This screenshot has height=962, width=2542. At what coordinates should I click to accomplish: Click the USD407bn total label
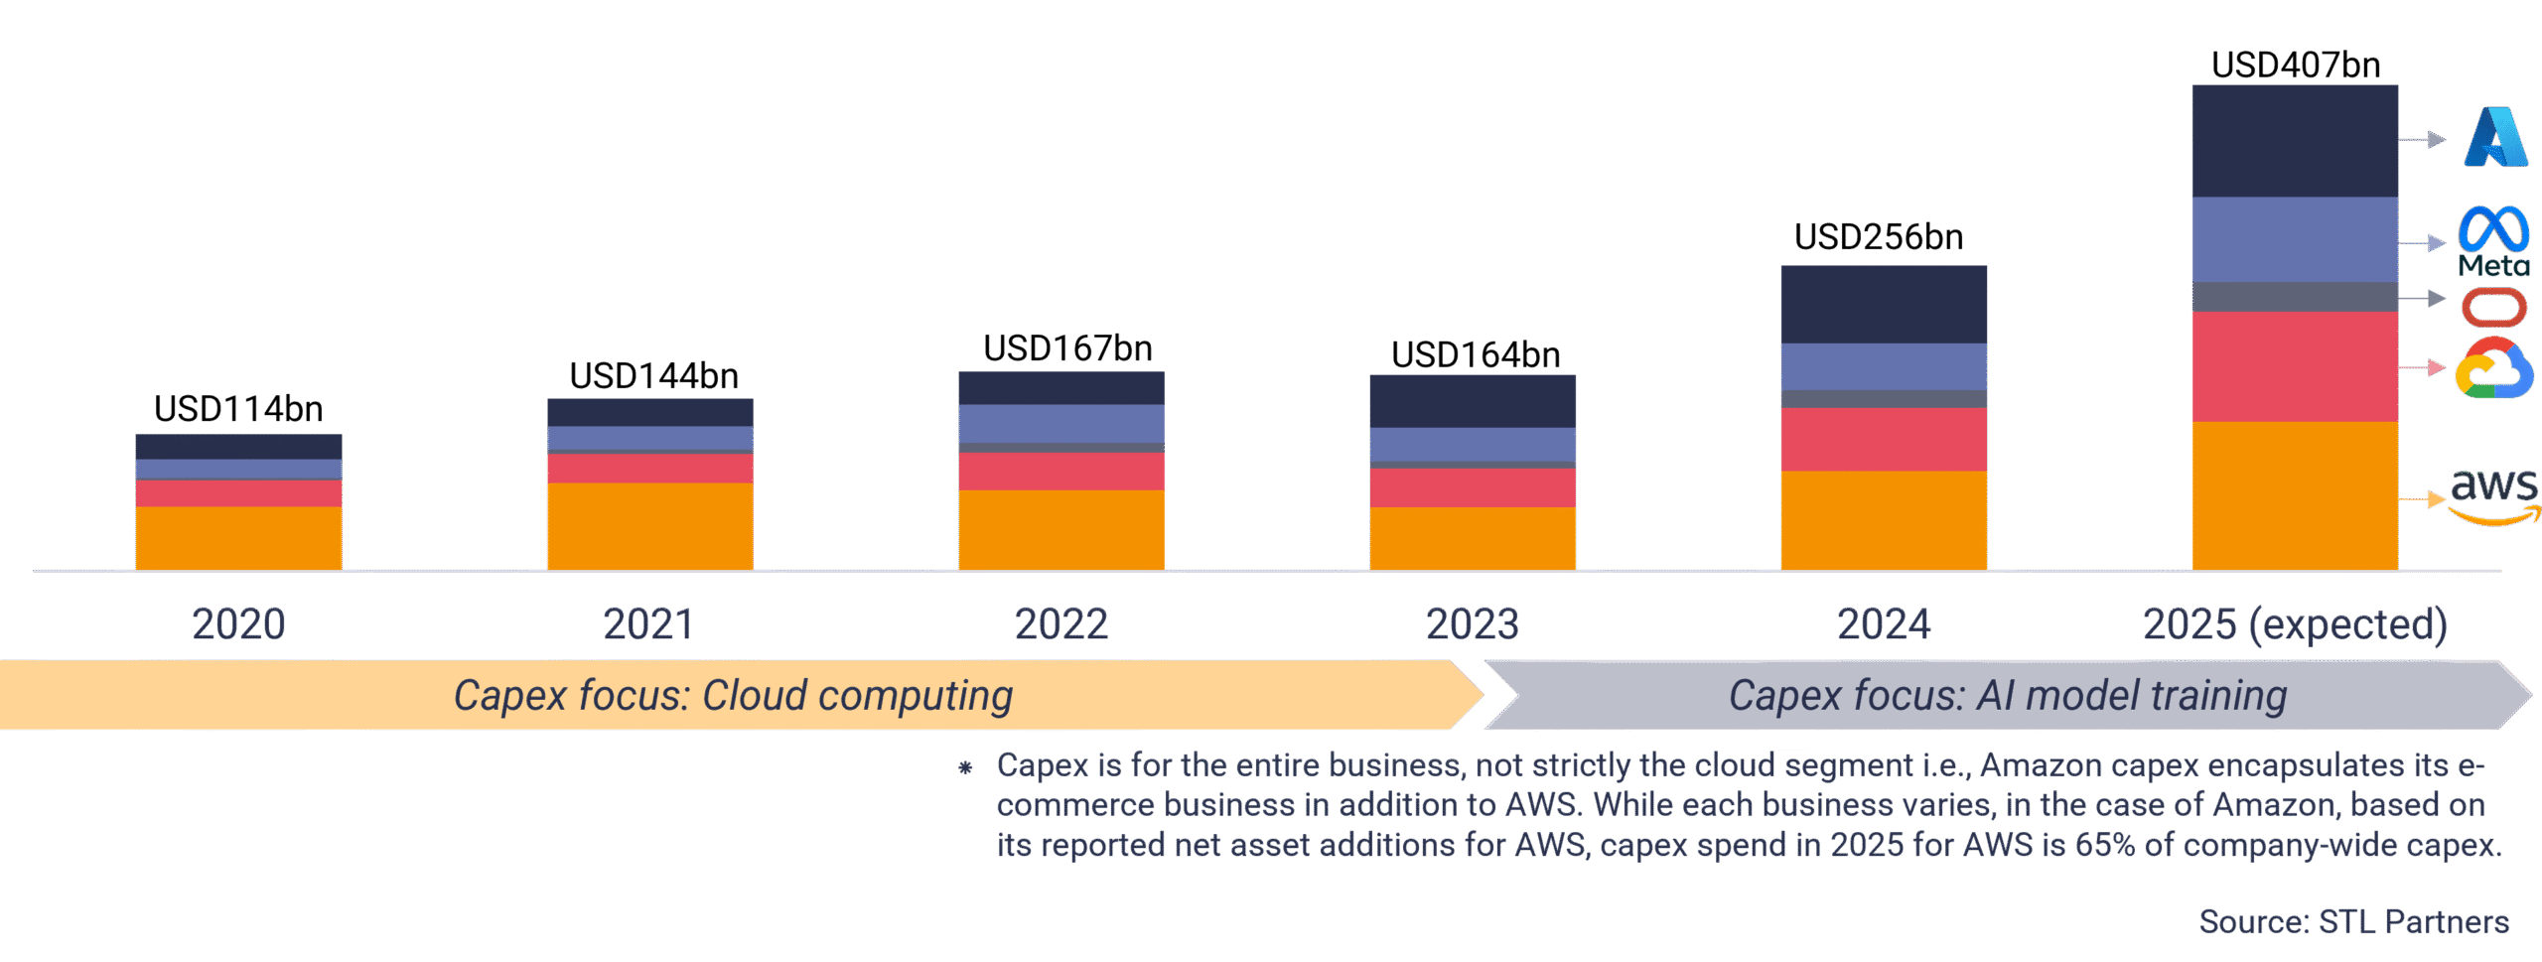2295,66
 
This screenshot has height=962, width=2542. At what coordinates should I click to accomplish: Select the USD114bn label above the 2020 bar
238,409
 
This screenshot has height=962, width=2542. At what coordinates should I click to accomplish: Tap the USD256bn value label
1878,237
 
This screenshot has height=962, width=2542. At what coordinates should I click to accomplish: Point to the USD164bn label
1475,355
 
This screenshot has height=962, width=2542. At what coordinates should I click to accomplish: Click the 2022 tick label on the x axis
1060,624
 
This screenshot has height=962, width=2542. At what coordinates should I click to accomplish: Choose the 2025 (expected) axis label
2295,624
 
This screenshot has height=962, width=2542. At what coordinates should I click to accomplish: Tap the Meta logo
2493,241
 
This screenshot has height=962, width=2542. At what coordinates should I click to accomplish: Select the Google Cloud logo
2493,368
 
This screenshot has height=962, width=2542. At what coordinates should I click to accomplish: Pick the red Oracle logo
2493,307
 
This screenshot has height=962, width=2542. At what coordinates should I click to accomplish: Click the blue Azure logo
2495,137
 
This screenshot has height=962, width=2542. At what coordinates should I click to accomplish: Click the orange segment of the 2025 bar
2294,495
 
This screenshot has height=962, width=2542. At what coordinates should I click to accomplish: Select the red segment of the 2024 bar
1883,439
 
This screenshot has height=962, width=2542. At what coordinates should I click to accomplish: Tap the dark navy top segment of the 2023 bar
1472,401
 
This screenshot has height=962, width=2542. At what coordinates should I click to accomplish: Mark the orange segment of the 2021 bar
649,526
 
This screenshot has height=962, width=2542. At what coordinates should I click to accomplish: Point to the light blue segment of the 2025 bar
2294,239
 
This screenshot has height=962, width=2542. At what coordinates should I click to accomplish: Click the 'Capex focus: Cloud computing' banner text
733,696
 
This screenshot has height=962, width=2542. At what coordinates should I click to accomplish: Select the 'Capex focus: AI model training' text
2007,696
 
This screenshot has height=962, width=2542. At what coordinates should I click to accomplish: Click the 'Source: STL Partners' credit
2353,921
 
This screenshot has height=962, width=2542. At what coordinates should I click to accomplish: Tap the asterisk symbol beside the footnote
964,767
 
